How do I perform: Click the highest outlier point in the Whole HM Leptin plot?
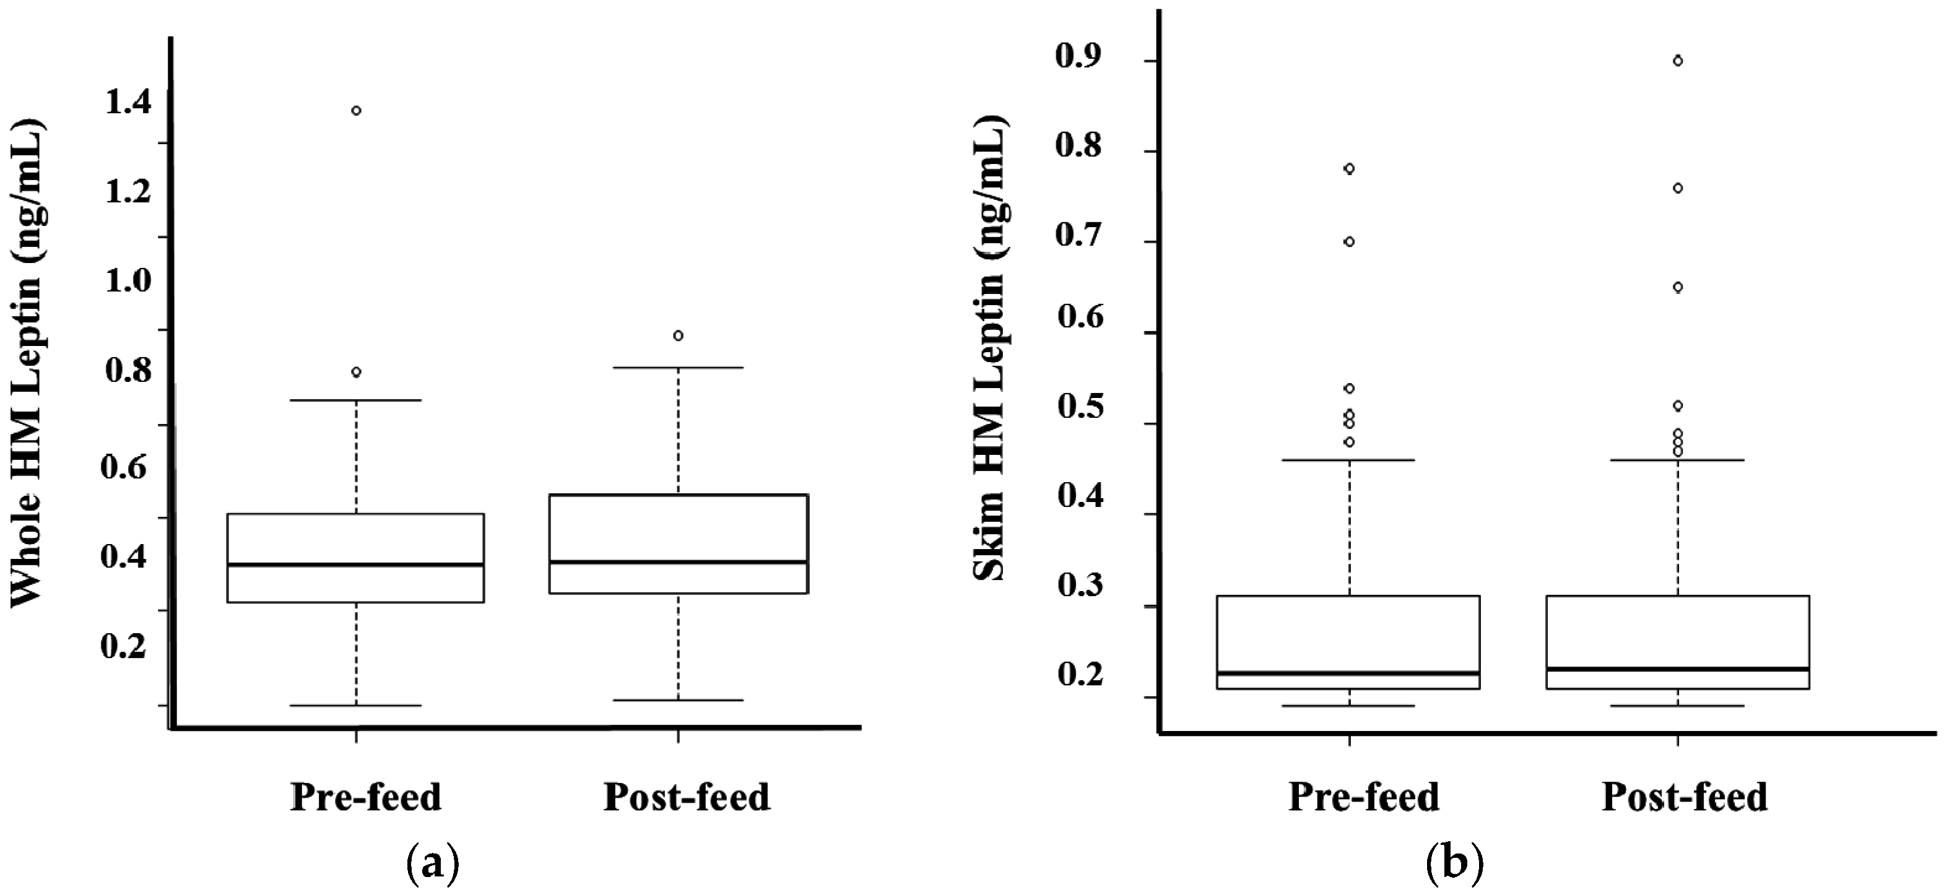pos(356,111)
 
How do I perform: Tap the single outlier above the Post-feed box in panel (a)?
pos(679,335)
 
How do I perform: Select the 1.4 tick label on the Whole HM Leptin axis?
pos(128,103)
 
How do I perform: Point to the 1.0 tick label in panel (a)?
pos(128,282)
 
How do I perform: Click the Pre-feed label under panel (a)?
pos(366,798)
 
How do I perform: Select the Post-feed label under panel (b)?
pos(1685,798)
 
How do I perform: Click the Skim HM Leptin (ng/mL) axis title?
pos(989,347)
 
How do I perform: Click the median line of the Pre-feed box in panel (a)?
pos(356,564)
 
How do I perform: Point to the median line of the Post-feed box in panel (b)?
pos(1678,668)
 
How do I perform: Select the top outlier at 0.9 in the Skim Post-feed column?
pos(1678,61)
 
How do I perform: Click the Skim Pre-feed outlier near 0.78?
pos(1349,169)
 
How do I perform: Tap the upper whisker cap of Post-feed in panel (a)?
pos(679,368)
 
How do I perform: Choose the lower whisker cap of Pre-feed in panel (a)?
pos(356,706)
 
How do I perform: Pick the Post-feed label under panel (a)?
pos(687,798)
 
